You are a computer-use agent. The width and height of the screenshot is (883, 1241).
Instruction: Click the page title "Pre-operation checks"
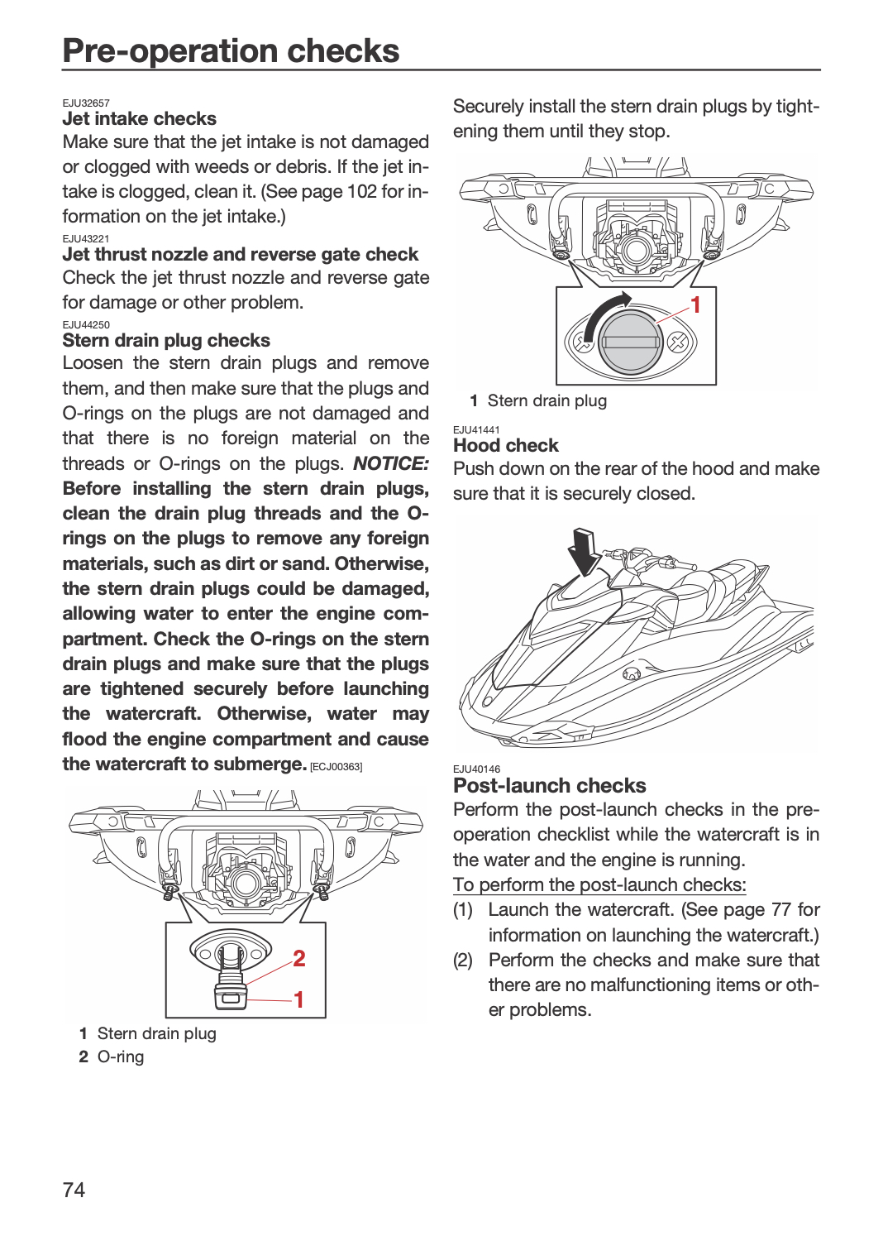[231, 51]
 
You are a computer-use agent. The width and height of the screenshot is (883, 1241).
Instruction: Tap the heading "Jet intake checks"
[139, 118]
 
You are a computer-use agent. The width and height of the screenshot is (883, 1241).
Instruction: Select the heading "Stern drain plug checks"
[166, 340]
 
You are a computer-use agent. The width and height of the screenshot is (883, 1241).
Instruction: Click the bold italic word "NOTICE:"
[391, 463]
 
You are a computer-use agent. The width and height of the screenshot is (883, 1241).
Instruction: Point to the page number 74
[74, 1190]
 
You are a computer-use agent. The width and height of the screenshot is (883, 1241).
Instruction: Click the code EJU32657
[86, 103]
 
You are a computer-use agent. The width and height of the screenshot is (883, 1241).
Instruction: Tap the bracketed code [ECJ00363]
[336, 767]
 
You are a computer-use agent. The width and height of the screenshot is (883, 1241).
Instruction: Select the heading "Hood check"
[505, 445]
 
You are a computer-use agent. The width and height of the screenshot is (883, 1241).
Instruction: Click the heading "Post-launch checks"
[549, 786]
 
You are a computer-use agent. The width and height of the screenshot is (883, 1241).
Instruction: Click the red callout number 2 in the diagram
[299, 958]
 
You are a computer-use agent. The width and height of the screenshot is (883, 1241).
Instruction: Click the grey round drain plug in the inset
[631, 341]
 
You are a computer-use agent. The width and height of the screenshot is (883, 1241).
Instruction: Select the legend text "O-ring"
[121, 1057]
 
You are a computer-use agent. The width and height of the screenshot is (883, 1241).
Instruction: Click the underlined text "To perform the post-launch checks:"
[599, 884]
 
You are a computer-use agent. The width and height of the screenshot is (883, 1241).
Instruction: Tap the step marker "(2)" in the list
[463, 960]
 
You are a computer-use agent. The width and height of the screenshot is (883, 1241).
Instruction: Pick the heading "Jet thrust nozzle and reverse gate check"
[241, 254]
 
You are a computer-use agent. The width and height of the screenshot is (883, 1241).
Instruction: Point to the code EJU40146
[477, 769]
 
